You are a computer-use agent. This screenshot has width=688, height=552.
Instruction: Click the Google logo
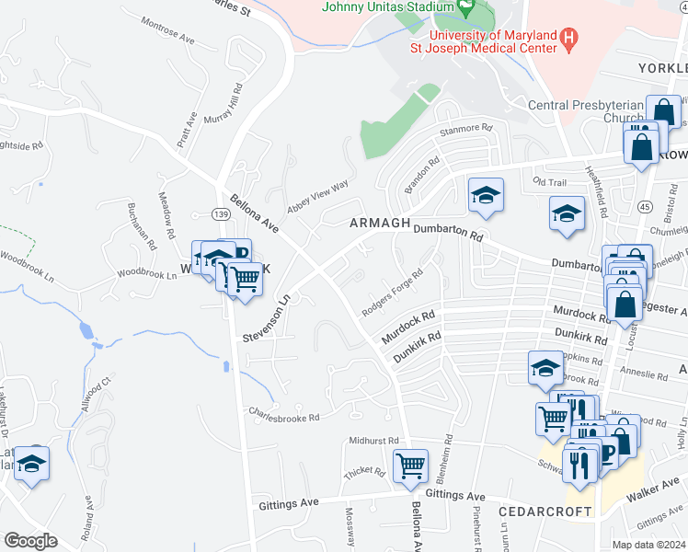pos(30,541)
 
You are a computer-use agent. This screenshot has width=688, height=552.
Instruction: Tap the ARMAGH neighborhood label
pos(377,224)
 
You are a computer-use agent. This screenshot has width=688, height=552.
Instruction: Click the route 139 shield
pos(220,213)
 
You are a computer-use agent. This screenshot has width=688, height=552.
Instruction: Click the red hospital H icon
pos(570,39)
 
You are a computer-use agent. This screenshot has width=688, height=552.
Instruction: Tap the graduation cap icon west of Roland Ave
pos(32,464)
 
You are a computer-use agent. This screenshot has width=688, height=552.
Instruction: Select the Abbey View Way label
pos(317,196)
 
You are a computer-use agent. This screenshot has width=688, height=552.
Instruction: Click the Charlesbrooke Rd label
pos(282,413)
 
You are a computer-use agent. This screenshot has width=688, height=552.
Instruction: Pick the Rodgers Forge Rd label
pos(392,293)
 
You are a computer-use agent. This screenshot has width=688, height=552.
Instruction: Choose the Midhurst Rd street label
pos(373,441)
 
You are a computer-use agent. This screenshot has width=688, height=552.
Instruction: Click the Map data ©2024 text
pos(648,545)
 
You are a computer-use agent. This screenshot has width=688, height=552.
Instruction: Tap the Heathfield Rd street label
pos(603,198)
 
